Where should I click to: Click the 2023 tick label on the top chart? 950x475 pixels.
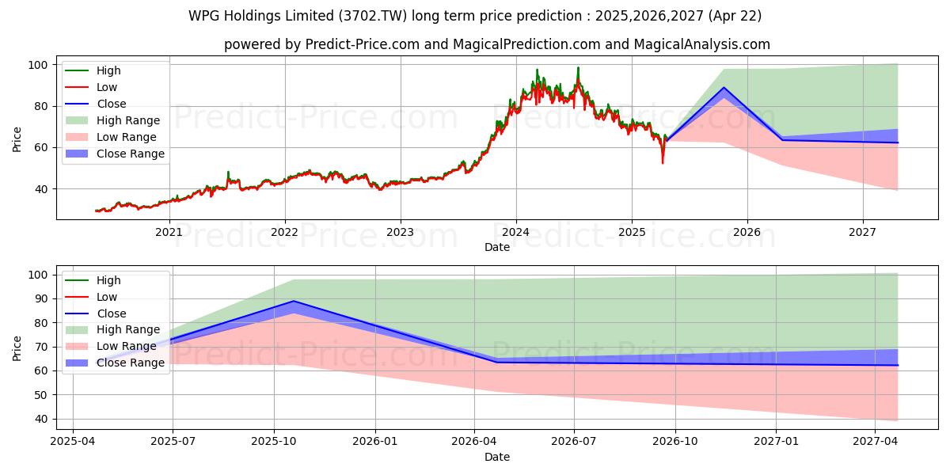(400, 232)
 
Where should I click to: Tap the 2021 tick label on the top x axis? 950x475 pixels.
(169, 232)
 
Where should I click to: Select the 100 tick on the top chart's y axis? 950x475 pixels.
(38, 65)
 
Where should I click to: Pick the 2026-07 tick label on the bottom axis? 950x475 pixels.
(574, 440)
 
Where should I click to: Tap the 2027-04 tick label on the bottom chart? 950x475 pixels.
(876, 440)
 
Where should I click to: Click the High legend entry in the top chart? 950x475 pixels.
(108, 70)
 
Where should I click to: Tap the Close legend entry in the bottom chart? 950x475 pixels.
(111, 313)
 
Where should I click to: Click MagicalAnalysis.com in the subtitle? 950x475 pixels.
(690, 44)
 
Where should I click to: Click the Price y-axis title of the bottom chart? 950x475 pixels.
(17, 347)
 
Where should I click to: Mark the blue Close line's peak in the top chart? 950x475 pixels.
(724, 88)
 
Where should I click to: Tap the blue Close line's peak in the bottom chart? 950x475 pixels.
(294, 301)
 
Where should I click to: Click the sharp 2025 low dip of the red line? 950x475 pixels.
(663, 163)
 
